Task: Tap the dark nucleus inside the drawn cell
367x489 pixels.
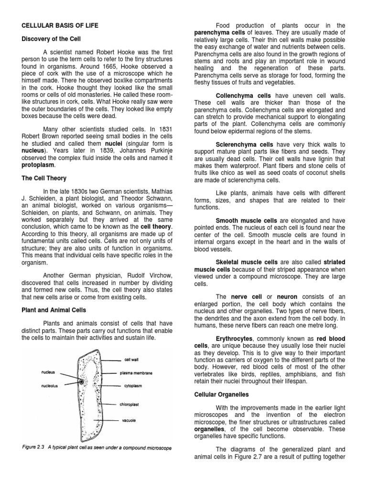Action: click(82, 382)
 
